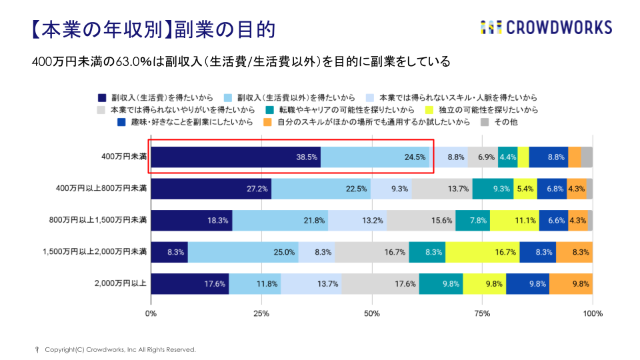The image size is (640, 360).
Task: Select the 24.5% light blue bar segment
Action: coord(375,157)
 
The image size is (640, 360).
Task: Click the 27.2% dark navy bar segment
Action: coord(211,189)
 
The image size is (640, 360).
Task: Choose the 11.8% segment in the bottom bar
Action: coord(255,283)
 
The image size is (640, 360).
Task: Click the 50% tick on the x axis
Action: coord(372,313)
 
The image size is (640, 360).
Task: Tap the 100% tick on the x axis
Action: coord(592,313)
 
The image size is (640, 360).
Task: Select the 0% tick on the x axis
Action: coord(151,313)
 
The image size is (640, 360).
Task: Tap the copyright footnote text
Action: coord(120,349)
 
